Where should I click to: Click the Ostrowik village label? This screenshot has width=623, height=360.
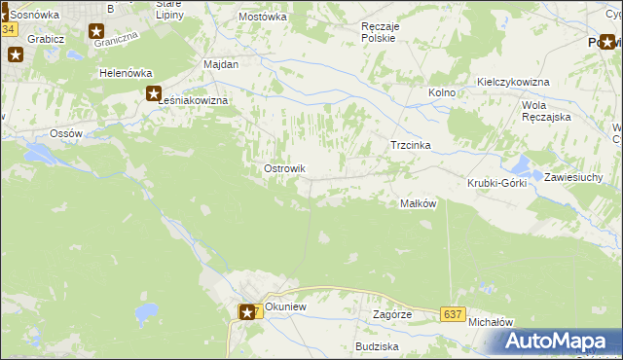click(284, 168)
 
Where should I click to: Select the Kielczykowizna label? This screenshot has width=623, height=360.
click(513, 83)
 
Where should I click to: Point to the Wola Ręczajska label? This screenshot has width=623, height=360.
click(545, 110)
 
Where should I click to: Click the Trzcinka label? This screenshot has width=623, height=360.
click(410, 145)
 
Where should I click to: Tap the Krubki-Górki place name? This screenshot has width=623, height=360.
click(496, 183)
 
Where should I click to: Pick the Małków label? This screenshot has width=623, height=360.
click(417, 203)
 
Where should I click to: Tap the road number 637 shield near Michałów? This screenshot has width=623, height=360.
click(451, 314)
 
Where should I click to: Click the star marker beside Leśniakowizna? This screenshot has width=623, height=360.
click(154, 94)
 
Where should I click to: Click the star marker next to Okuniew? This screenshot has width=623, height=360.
click(248, 311)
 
